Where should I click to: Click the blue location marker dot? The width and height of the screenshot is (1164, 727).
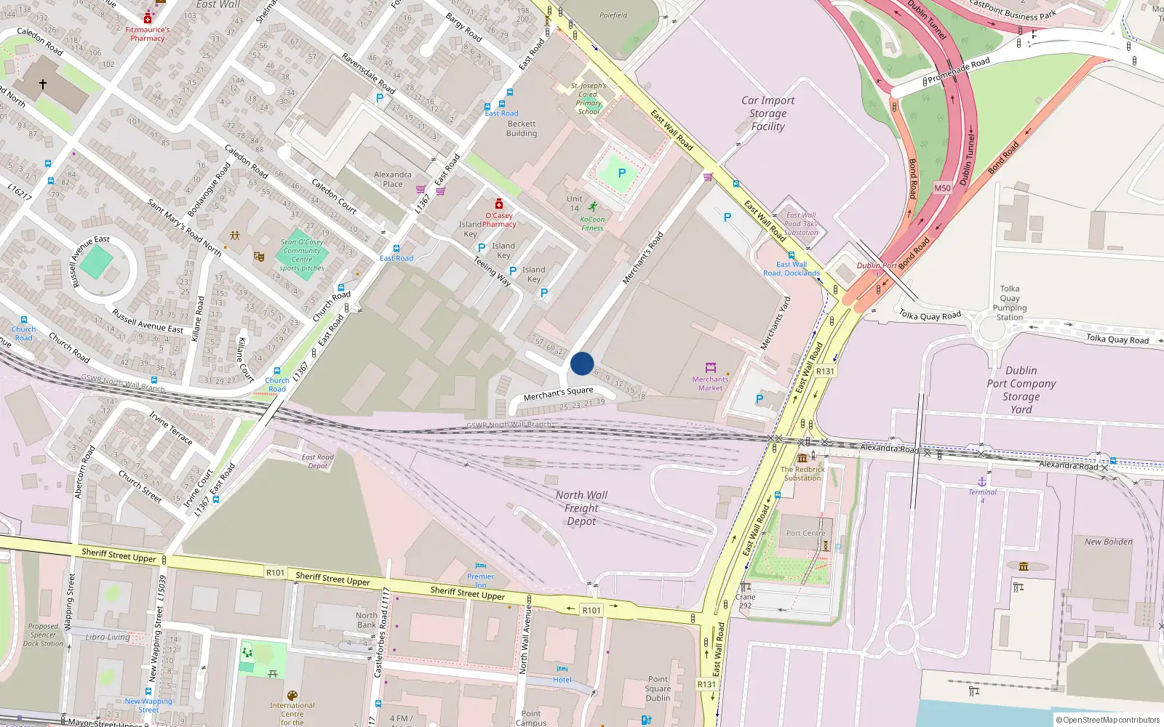(582, 363)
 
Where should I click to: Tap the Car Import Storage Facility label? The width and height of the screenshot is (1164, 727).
(768, 113)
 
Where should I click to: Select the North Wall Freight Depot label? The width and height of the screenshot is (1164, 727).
(581, 508)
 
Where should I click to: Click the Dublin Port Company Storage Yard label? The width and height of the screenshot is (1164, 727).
(1021, 390)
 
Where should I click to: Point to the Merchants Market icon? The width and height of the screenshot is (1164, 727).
(711, 367)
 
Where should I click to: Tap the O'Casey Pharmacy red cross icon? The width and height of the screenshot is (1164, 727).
(499, 204)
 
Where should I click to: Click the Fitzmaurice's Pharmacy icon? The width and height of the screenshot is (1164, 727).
(148, 17)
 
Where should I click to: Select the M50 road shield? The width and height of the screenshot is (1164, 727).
(942, 188)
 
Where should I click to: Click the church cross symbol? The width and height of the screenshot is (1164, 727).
(43, 84)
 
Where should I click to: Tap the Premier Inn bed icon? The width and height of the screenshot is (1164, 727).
(480, 566)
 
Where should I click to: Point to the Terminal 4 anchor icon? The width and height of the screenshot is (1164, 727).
(982, 482)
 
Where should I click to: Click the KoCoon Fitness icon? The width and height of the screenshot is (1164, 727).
(594, 206)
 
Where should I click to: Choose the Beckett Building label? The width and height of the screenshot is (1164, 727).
(522, 129)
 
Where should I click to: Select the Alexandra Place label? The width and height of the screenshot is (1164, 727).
(393, 179)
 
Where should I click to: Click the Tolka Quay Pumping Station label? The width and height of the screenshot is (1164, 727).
(1010, 302)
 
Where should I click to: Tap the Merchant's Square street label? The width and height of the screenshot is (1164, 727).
(558, 393)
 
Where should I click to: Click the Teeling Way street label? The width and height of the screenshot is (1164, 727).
(492, 270)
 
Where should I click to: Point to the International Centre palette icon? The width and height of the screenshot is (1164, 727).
(292, 696)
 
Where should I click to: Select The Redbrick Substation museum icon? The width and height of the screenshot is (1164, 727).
(802, 458)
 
